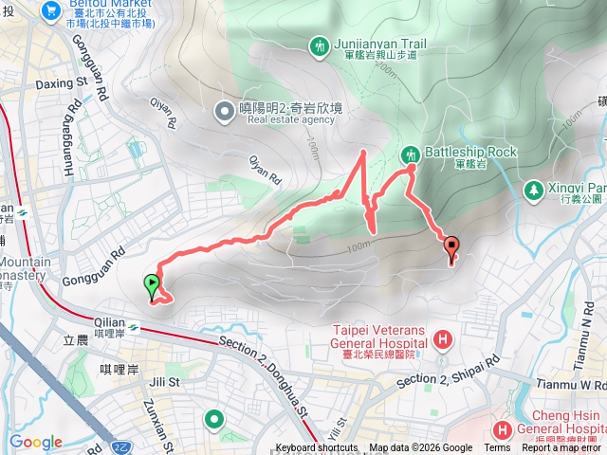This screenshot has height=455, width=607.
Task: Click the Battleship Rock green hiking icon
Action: point(412,154)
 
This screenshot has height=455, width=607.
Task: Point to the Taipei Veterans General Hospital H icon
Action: point(442,338)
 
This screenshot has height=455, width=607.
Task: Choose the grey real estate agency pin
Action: point(225,113)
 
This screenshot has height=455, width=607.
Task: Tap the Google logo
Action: point(35,442)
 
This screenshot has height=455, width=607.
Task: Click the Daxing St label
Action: point(61,82)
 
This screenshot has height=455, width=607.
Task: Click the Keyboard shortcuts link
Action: point(316,448)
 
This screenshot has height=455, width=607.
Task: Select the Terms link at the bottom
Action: point(497,448)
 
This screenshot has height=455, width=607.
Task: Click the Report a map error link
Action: point(561,448)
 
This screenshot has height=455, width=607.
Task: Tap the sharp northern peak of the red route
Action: point(364,152)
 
